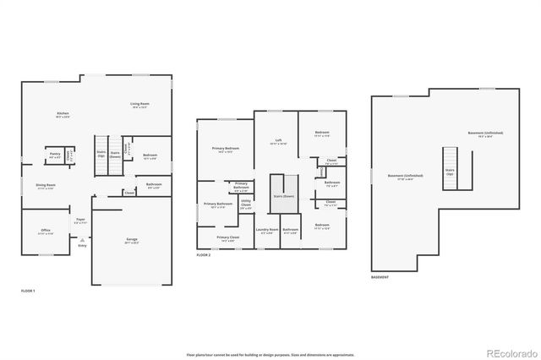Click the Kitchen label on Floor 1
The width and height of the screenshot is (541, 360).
63,115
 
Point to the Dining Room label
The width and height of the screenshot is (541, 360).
46,186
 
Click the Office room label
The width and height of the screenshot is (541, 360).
46,232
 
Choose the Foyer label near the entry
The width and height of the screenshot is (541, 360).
80,220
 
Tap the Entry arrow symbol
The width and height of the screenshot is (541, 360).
82,240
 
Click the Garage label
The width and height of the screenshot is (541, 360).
132,241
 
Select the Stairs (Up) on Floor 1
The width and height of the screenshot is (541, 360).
101,155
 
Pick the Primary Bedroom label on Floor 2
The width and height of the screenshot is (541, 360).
226,150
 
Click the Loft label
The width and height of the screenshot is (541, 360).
278,141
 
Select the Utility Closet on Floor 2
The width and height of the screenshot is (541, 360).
246,204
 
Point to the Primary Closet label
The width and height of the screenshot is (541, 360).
227,239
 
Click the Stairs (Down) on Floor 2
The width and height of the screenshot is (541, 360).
283,196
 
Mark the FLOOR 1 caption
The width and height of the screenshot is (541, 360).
29,291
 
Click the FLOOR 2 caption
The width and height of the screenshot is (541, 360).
204,254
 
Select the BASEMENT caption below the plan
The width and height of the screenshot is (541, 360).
380,277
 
